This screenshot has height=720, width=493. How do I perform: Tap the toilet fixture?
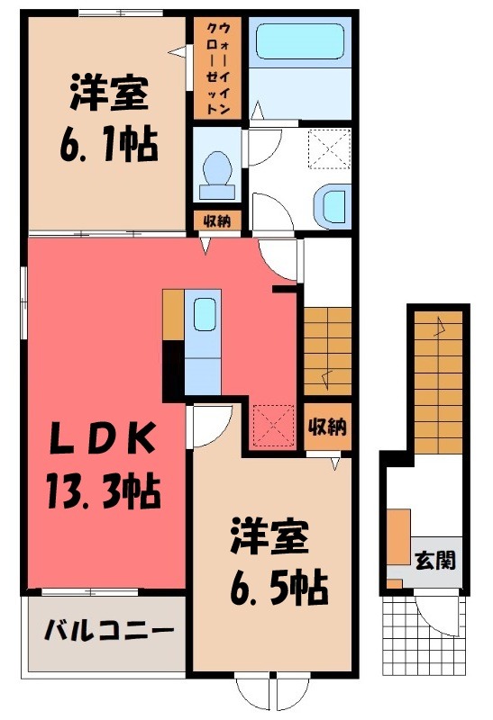click(217, 172)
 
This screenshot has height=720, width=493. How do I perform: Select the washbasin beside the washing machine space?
click(333, 203)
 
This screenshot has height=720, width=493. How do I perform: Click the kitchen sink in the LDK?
click(204, 316)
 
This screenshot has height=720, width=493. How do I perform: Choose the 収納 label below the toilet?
click(216, 220)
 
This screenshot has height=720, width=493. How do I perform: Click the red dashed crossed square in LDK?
click(273, 424)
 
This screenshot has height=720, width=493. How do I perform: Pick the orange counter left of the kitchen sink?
click(173, 315)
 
